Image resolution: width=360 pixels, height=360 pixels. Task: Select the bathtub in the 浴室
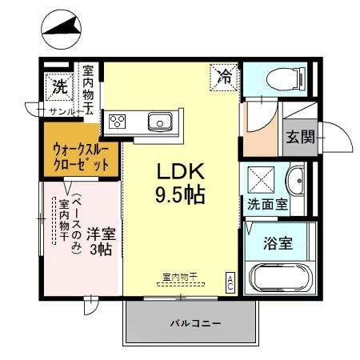[278, 281]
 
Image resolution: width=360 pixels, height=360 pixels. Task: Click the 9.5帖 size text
[182, 194]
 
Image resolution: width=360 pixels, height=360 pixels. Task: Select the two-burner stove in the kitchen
[118, 122]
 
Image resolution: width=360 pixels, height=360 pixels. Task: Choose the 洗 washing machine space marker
[60, 83]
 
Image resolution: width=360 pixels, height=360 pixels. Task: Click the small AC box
[230, 282]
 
